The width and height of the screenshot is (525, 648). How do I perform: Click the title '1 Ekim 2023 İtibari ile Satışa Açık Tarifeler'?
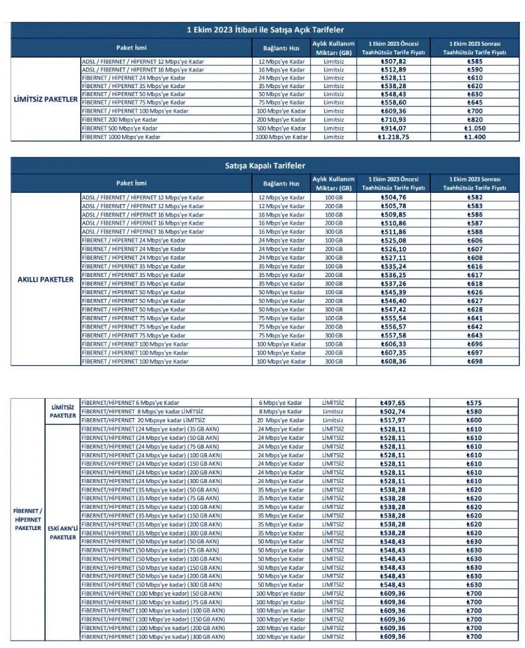265,30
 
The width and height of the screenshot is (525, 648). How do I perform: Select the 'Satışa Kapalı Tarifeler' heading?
265,166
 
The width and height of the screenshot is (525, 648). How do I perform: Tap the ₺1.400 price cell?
473,136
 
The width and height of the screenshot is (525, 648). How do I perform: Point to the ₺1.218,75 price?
392,136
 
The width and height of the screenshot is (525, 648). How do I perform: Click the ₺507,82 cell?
392,62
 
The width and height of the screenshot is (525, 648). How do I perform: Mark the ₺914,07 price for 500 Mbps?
392,128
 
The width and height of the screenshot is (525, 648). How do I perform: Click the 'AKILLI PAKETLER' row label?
45,280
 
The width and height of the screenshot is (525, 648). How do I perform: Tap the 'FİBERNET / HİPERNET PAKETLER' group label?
28,519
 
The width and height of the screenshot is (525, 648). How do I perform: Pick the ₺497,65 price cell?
392,403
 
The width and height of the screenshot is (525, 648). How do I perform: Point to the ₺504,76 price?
392,197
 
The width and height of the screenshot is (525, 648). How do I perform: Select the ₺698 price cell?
473,362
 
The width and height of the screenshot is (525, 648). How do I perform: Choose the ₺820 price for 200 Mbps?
473,119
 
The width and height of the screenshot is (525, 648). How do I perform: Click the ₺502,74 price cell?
392,411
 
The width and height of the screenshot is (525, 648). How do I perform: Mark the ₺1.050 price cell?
473,128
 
